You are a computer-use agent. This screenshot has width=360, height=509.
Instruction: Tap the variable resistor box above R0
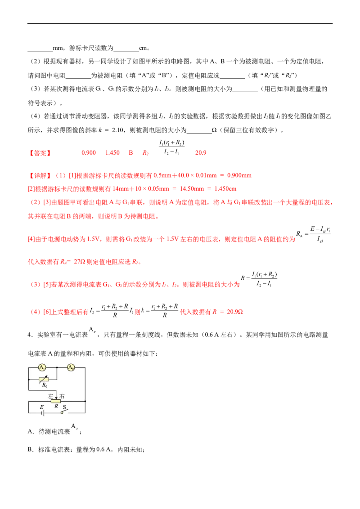(44, 379)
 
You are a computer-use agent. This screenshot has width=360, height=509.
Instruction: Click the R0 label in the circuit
(45, 385)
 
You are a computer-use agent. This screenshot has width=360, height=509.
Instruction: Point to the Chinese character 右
(62, 396)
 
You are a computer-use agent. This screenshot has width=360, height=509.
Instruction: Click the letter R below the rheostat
(56, 406)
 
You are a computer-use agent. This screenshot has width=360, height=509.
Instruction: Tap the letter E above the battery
(42, 407)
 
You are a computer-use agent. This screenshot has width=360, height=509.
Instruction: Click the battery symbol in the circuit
(43, 413)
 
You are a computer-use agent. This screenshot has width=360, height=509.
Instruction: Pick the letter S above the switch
(64, 407)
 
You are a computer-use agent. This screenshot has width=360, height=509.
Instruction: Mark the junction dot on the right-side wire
(85, 401)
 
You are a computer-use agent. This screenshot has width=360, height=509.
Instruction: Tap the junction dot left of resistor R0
(29, 379)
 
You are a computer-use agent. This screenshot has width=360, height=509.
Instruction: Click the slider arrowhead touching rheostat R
(56, 397)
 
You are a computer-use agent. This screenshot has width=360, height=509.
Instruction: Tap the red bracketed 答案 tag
(40, 153)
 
